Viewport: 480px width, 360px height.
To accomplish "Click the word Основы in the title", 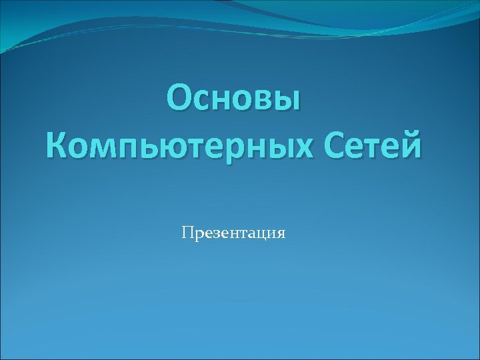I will click(x=234, y=99).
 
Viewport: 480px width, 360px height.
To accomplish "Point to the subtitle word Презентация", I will click(x=233, y=233).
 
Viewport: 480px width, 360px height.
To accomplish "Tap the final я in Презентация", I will click(x=281, y=234).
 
